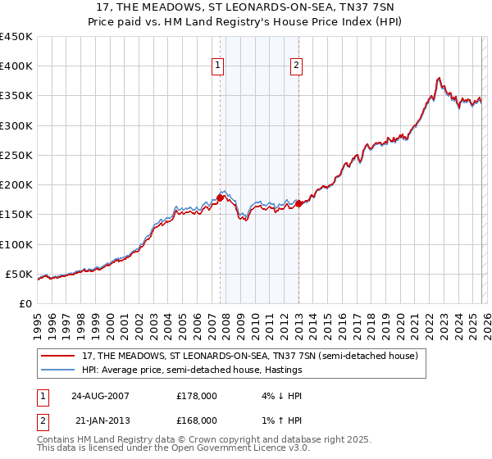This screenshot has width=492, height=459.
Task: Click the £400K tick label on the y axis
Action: (16, 66)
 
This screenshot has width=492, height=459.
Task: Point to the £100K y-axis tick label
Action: (16, 244)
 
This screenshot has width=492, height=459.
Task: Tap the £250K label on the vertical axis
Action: (16, 155)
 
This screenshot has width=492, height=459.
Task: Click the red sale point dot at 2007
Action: (221, 198)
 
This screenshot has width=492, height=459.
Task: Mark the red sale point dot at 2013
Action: (298, 204)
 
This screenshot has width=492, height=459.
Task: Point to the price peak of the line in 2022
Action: (439, 79)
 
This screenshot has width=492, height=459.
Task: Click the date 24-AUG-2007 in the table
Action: (101, 396)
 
